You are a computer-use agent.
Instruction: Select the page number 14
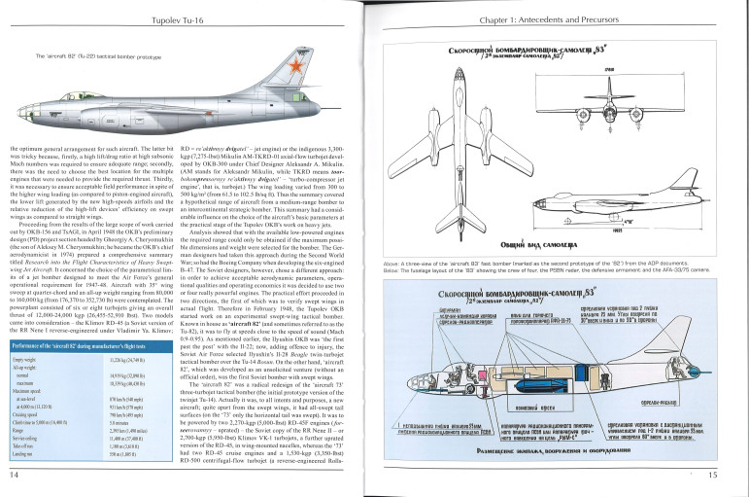pyautogui.click(x=14, y=475)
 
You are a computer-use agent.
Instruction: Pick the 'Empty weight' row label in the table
pyautogui.click(x=26, y=360)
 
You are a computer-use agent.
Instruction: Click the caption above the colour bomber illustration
pyautogui.click(x=91, y=56)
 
